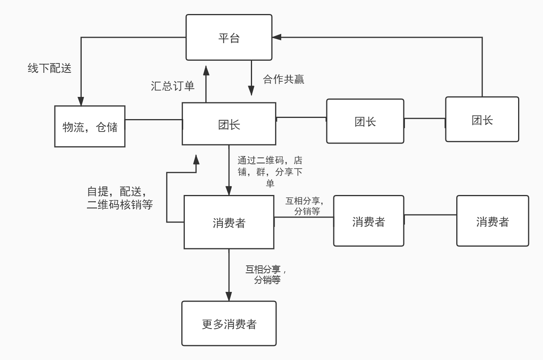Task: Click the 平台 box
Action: coord(229,37)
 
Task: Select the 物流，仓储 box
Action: coord(89,126)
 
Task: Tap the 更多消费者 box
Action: coord(229,323)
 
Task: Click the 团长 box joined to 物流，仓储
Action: coord(229,124)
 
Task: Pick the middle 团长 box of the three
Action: coord(365,121)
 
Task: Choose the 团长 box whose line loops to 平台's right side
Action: coord(482,119)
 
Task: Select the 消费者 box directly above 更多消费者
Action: coord(229,222)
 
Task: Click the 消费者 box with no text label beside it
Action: coord(492,221)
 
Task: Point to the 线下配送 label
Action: coord(49,68)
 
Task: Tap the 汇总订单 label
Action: coord(172,86)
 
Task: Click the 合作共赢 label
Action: coord(284,79)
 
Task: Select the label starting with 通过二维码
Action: coord(270,171)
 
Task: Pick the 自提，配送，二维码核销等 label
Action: coord(119,198)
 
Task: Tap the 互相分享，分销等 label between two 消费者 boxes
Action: coord(305,206)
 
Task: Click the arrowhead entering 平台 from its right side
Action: coord(277,37)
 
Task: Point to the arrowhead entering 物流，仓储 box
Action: coord(81,101)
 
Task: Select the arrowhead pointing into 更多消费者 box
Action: coord(229,296)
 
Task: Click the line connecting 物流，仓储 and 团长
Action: coord(154,120)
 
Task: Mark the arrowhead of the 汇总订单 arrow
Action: coord(206,70)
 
